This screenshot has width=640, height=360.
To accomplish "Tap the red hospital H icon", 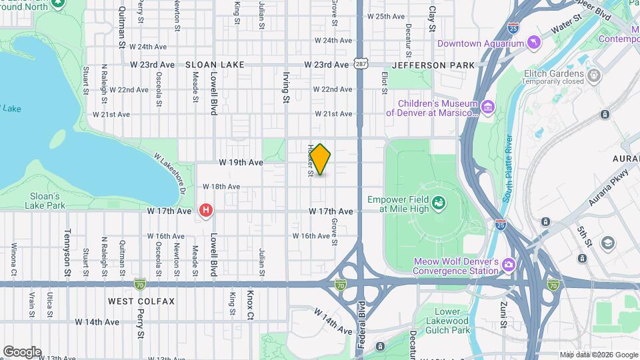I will point(206,211).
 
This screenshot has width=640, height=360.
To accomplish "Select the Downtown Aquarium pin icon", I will point(533,44).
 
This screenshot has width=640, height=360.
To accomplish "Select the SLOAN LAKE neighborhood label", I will point(215,65).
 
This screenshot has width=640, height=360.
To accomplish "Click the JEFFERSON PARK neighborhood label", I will point(433,65).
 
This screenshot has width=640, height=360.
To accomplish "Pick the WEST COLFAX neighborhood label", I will point(141,301).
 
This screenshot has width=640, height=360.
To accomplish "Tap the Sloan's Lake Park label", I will point(47,201).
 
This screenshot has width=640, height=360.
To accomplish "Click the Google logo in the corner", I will point(22,352).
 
